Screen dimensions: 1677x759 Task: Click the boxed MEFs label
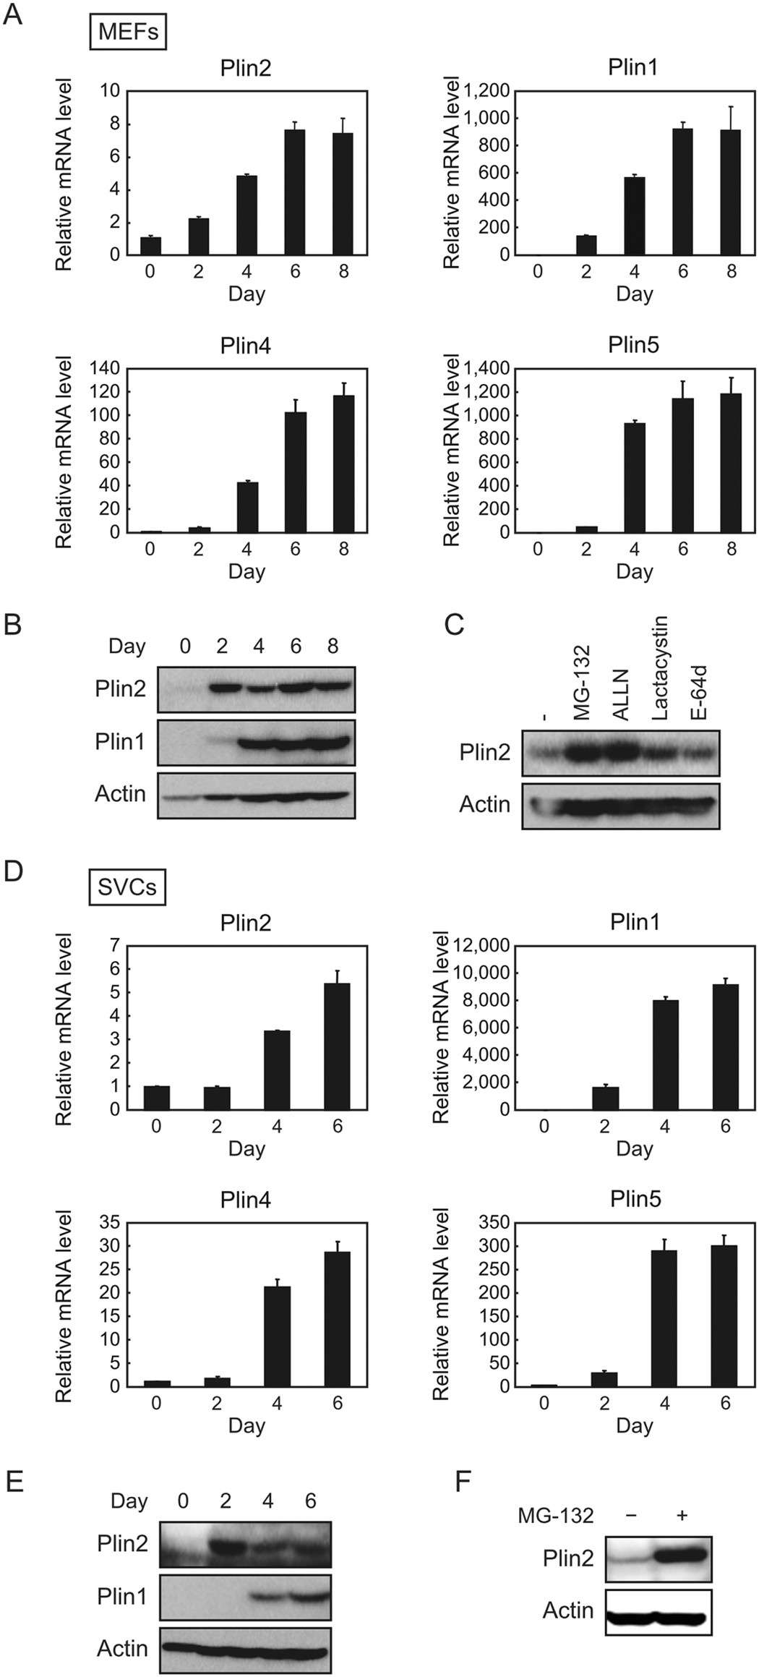(128, 33)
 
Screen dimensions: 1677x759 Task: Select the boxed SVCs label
(126, 887)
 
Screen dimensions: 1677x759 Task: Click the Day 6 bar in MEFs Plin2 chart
(294, 192)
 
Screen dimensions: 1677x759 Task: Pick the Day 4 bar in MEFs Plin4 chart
(246, 507)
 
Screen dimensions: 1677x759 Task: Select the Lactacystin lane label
(659, 667)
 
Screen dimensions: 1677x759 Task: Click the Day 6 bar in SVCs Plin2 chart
(337, 1046)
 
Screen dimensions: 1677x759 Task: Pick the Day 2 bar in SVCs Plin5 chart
(604, 1379)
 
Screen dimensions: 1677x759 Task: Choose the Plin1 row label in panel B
(120, 741)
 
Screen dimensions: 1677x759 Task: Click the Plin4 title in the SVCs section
(246, 1200)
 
